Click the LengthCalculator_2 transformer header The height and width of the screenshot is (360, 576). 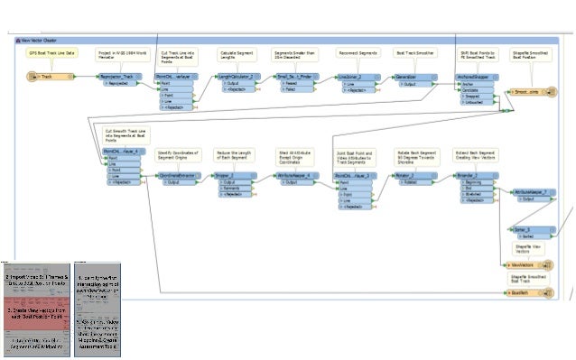pos(237,78)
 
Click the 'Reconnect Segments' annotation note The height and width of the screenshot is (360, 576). pos(358,53)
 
